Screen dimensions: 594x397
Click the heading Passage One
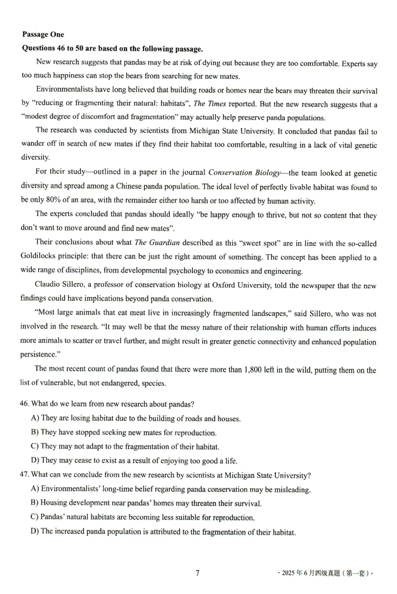[43, 34]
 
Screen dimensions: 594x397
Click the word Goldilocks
[40, 257]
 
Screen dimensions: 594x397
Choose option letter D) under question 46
[35, 460]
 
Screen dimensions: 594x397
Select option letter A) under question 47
[35, 489]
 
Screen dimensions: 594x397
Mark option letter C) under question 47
[35, 518]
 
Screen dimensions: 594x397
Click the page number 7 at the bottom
[198, 573]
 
